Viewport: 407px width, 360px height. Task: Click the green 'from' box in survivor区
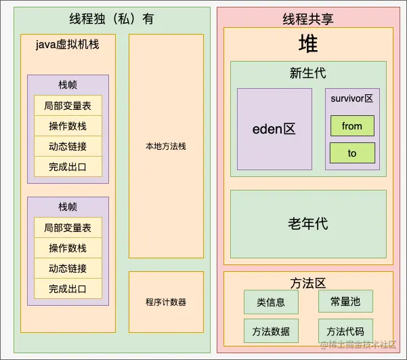coord(352,126)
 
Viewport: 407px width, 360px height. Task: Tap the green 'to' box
coord(352,153)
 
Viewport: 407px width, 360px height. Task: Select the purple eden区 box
coord(274,129)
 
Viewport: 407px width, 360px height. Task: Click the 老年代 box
coord(308,224)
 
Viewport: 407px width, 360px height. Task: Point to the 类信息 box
coord(271,302)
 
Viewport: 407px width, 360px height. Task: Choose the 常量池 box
coord(345,302)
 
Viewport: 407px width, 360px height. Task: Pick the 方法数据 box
coord(271,331)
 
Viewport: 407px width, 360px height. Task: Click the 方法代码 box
coord(345,331)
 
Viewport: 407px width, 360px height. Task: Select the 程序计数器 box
coord(166,302)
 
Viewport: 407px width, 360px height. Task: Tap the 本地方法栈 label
coord(166,146)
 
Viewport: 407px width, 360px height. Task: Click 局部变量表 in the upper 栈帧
coord(68,106)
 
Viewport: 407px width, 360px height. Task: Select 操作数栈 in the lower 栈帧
coord(68,248)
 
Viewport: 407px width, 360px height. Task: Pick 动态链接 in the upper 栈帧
coord(68,146)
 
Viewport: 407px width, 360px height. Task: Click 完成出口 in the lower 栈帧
coord(68,289)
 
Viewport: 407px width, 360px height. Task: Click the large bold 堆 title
coord(308,45)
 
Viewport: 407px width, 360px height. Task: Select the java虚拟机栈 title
coord(68,45)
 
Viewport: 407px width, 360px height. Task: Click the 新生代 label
coord(308,73)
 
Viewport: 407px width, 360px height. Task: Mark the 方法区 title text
coord(308,282)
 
